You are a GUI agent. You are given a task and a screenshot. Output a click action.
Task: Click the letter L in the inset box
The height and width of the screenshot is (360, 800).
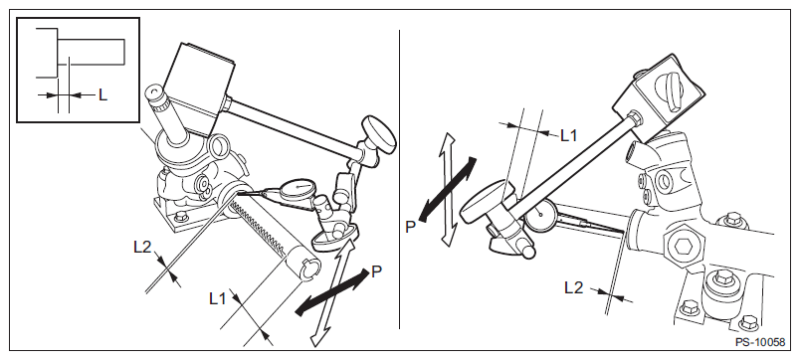[102, 94]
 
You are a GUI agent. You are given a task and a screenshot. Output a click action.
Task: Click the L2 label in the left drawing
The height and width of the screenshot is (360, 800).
[143, 247]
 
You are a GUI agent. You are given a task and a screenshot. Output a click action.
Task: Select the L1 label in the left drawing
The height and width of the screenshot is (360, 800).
[218, 298]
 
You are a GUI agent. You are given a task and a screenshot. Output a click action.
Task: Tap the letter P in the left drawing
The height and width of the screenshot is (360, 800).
[376, 271]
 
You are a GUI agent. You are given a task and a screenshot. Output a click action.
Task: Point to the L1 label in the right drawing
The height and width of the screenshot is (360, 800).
[569, 135]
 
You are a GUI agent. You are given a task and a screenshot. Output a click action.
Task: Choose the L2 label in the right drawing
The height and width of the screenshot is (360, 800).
[573, 288]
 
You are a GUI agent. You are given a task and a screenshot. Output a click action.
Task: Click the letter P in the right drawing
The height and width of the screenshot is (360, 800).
[411, 228]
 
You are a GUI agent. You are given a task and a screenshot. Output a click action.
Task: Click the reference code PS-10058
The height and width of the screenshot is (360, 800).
[759, 342]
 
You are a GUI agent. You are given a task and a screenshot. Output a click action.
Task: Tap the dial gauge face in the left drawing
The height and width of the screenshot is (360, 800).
[297, 188]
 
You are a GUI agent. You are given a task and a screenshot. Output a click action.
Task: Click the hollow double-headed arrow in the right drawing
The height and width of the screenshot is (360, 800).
[448, 189]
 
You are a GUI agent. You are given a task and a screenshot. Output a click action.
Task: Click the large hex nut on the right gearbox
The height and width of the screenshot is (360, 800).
[683, 248]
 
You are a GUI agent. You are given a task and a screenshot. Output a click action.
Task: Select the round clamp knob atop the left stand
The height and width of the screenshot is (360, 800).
[379, 134]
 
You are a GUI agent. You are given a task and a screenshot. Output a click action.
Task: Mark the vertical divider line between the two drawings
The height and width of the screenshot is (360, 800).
[399, 179]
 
